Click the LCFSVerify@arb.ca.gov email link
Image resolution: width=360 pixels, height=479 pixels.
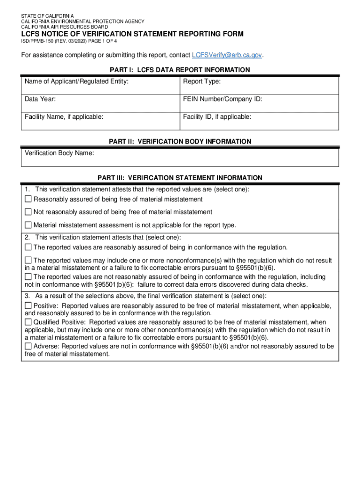[227, 55]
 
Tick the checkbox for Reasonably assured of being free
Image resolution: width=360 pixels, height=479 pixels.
[28, 200]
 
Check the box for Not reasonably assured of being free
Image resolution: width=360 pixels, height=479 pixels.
[28, 212]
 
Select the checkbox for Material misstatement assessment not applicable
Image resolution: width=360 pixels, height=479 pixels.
[28, 225]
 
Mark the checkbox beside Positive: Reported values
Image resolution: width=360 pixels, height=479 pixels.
[28, 306]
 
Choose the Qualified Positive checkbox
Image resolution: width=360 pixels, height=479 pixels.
[28, 322]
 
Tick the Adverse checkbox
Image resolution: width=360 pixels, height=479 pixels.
[28, 347]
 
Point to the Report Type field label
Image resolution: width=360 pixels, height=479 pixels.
[202, 82]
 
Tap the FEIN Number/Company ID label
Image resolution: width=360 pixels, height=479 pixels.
[223, 99]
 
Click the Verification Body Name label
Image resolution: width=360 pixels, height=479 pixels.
[59, 153]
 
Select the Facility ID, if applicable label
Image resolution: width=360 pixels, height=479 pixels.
[217, 116]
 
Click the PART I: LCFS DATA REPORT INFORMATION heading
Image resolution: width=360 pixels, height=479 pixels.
[180, 70]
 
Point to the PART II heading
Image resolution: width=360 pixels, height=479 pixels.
[180, 141]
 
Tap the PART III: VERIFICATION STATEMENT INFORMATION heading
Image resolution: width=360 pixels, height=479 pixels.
[180, 178]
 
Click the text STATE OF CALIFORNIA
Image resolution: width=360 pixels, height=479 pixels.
[47, 16]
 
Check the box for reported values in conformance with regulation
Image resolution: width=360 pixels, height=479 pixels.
[28, 247]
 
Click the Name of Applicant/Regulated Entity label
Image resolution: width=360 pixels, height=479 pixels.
[77, 82]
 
